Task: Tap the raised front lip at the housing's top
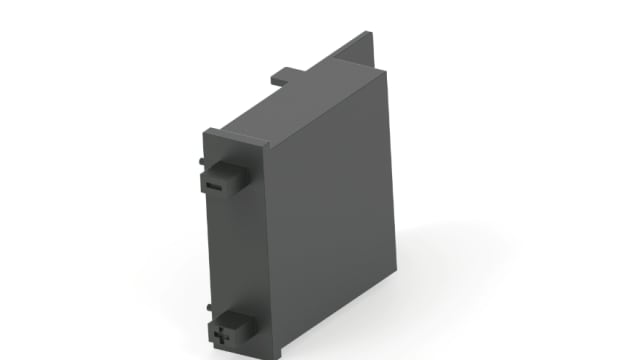235,133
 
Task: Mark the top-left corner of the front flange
206,129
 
